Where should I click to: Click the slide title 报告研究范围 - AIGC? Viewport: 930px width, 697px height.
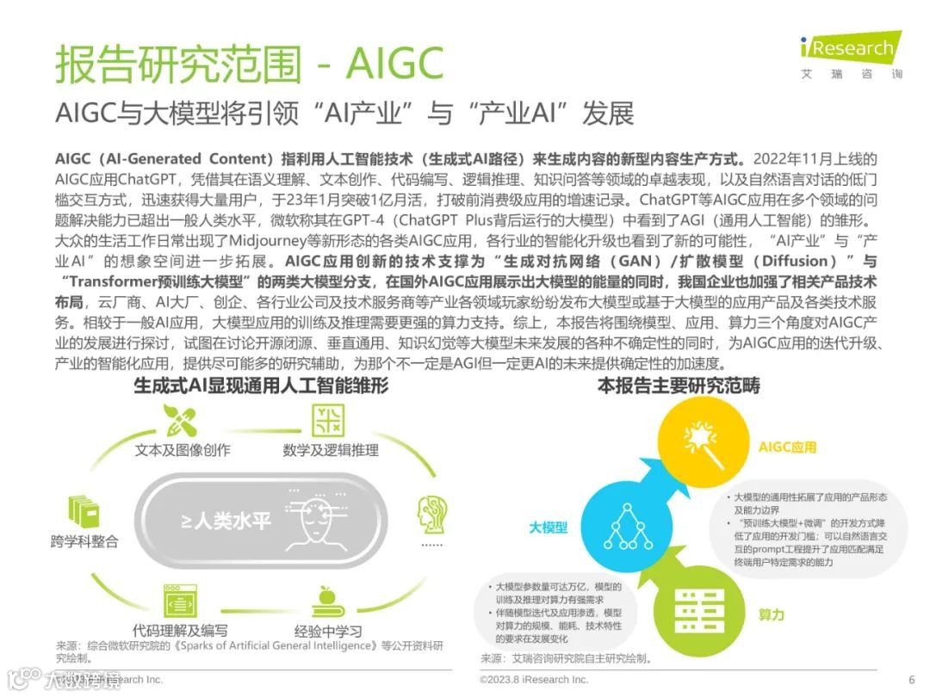pyautogui.click(x=249, y=63)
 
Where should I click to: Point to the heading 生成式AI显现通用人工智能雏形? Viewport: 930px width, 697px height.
pyautogui.click(x=261, y=386)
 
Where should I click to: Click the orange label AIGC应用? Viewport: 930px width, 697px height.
pyautogui.click(x=787, y=447)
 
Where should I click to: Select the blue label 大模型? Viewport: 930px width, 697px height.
pyautogui.click(x=548, y=527)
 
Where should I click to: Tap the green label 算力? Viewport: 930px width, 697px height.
pyautogui.click(x=771, y=614)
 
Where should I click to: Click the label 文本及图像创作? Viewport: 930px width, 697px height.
pyautogui.click(x=183, y=449)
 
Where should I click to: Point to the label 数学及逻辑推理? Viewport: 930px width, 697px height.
pyautogui.click(x=331, y=449)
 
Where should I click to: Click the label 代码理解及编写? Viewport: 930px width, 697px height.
pyautogui.click(x=181, y=630)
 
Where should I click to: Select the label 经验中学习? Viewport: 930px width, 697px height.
pyautogui.click(x=328, y=630)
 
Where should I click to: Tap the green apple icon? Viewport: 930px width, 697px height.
pyautogui.click(x=326, y=599)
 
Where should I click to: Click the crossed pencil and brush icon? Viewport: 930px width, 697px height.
pyautogui.click(x=181, y=419)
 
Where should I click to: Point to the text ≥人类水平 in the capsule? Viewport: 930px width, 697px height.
pyautogui.click(x=226, y=521)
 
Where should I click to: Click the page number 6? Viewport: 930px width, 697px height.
pyautogui.click(x=911, y=678)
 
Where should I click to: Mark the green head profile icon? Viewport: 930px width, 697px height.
pyautogui.click(x=431, y=515)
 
